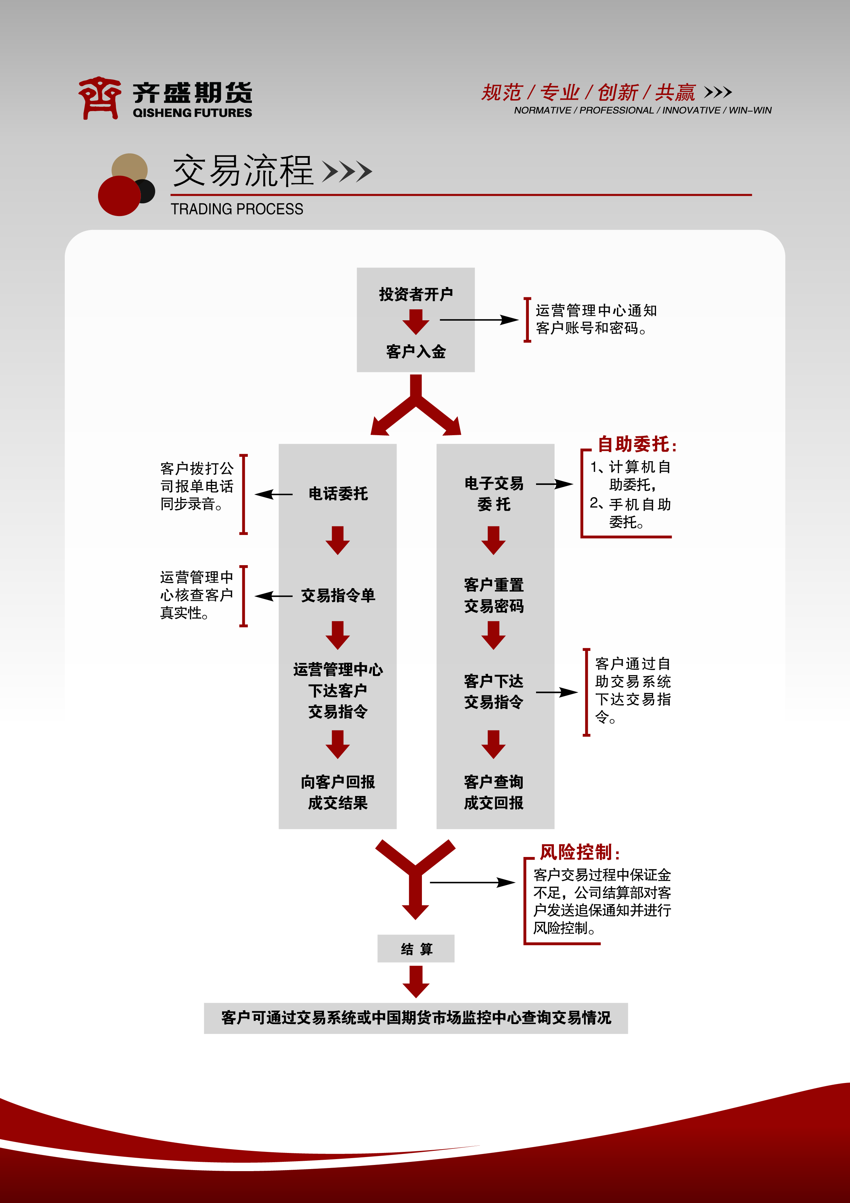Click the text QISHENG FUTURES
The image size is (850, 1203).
click(x=192, y=112)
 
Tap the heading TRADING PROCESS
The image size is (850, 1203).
click(x=237, y=209)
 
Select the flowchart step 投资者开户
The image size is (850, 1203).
click(x=416, y=294)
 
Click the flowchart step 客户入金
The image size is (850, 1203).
click(x=416, y=351)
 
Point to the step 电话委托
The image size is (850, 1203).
click(x=338, y=493)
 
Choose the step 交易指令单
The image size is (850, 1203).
click(x=338, y=595)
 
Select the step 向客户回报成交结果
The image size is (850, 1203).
click(x=338, y=792)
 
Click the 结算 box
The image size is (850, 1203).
click(x=416, y=948)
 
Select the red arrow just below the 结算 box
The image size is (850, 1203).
click(x=416, y=981)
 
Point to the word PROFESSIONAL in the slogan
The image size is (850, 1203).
click(x=616, y=110)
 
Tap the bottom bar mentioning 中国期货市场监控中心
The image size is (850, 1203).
click(x=416, y=1017)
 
